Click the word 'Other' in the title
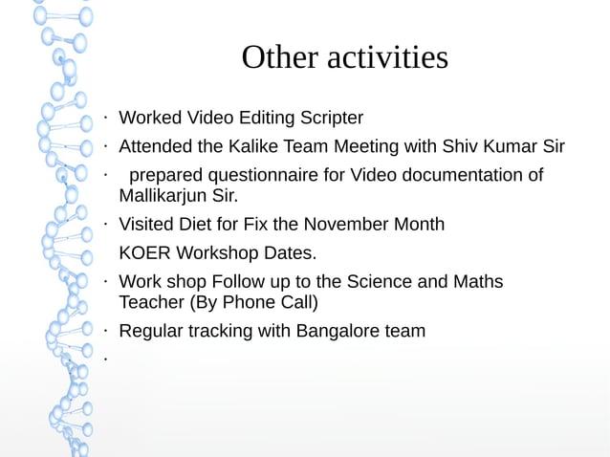(279, 57)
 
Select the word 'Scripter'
(326, 119)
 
